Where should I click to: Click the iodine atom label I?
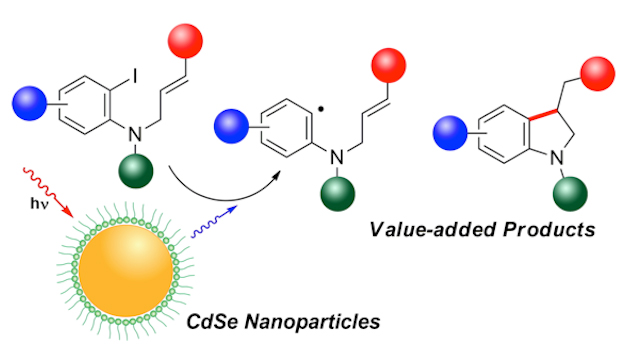click(x=135, y=76)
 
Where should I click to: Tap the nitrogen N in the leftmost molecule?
click(x=135, y=135)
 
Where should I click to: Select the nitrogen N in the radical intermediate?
click(x=337, y=157)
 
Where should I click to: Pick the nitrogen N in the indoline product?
click(x=557, y=158)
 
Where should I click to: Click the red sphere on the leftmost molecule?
click(x=185, y=41)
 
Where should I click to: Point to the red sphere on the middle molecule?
click(x=389, y=66)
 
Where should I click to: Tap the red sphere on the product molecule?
click(x=598, y=74)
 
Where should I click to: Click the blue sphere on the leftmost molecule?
click(x=29, y=103)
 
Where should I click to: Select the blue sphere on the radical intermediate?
click(x=231, y=126)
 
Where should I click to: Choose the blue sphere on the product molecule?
click(x=450, y=133)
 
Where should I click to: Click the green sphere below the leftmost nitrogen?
click(x=136, y=171)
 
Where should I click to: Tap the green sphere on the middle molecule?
click(x=338, y=194)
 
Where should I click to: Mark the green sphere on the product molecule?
click(x=570, y=194)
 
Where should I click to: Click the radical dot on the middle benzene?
click(x=321, y=108)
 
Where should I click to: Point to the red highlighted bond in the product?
click(x=544, y=114)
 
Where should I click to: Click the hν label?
click(x=39, y=203)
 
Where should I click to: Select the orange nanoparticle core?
click(x=126, y=271)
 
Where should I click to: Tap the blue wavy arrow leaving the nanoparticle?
click(x=214, y=222)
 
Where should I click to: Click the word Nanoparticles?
click(x=312, y=321)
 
